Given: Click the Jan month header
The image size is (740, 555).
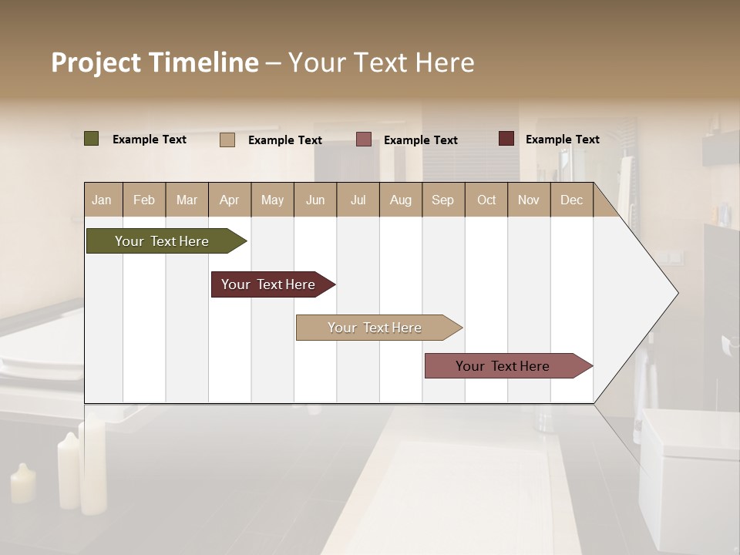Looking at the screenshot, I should (103, 200).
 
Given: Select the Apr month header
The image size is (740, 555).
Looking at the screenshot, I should (230, 200).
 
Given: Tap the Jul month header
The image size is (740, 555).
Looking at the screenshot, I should (358, 200).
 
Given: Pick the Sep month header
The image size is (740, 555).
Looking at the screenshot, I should (442, 200).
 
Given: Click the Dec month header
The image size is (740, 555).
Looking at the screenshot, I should (571, 200).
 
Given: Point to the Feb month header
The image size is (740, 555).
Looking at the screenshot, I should (144, 200).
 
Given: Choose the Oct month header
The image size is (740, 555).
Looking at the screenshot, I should (486, 200).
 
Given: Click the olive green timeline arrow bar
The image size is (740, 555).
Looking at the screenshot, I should (162, 241).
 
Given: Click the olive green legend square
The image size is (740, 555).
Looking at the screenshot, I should (92, 139).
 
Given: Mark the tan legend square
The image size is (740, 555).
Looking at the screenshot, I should (227, 140).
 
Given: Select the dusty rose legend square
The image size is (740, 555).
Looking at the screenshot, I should (364, 140).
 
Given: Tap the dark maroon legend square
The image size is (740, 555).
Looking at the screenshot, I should (506, 139).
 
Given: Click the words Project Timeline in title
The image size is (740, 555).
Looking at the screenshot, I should (154, 62).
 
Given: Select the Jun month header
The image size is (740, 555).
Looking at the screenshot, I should (315, 200).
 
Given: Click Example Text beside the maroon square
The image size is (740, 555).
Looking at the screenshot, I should (562, 140).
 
